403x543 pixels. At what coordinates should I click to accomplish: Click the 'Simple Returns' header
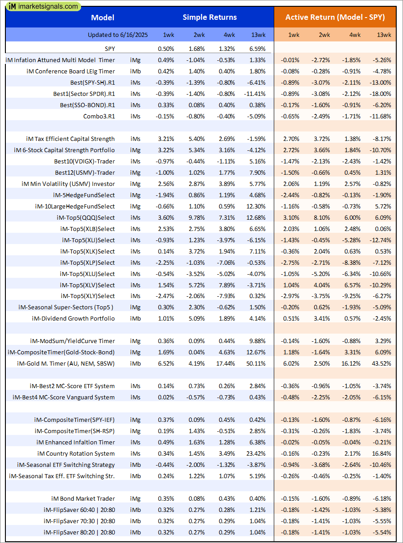pos(209,18)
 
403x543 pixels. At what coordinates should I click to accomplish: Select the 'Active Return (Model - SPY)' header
pos(335,18)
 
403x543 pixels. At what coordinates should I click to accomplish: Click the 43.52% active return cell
pos(382,363)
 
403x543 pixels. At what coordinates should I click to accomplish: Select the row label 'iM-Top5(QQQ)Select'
pos(86,217)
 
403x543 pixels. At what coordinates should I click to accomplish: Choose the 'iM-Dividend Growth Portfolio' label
pos(73,318)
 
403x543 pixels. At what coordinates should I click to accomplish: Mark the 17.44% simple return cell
pos(226,363)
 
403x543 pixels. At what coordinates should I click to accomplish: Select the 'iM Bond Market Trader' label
pos(83,498)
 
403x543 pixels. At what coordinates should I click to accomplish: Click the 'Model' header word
pos(103,18)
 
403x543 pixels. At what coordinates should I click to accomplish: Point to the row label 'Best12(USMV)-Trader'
pos(85,172)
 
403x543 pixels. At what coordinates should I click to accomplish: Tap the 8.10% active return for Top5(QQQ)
pos(322,217)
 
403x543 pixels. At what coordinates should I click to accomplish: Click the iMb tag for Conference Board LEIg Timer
pos(135,71)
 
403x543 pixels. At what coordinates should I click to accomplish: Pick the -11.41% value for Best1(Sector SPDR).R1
pos(255,94)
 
